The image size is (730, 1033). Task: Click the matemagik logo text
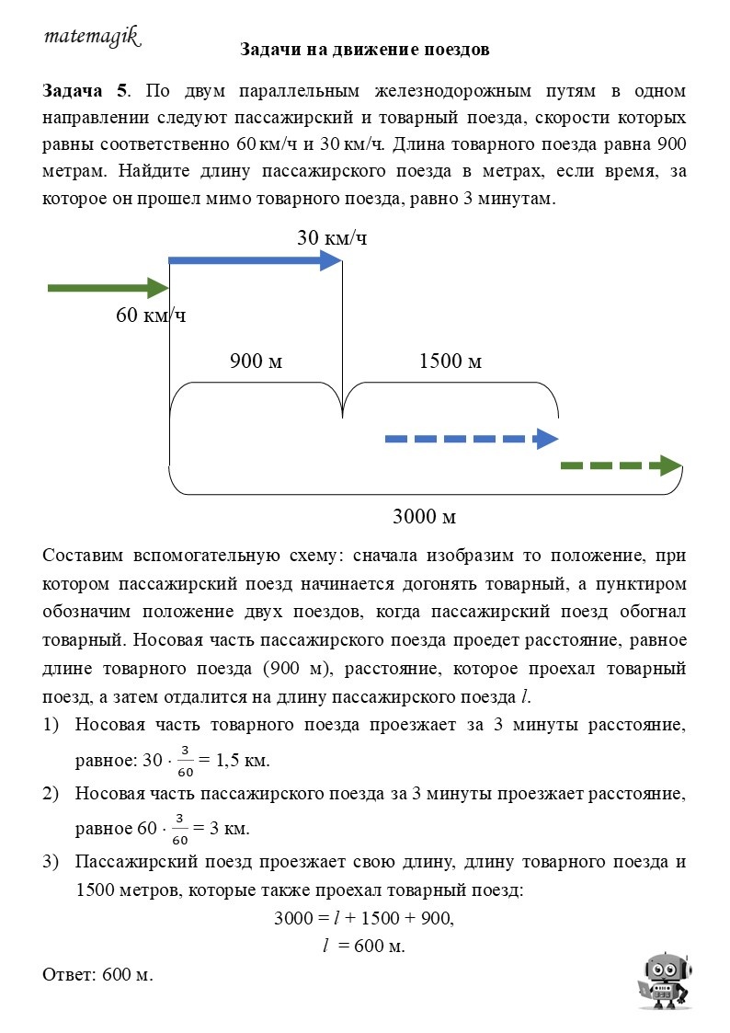pyautogui.click(x=91, y=36)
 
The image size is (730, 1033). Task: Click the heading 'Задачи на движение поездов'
pyautogui.click(x=364, y=49)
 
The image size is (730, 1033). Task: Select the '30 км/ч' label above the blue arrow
pyautogui.click(x=332, y=237)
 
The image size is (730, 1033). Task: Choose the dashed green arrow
pyautogui.click(x=622, y=465)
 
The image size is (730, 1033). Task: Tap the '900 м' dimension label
pyautogui.click(x=256, y=362)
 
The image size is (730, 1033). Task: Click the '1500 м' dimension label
pyautogui.click(x=451, y=362)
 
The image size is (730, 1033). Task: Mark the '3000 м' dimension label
pyautogui.click(x=425, y=516)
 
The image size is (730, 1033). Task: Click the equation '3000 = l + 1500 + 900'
pyautogui.click(x=364, y=918)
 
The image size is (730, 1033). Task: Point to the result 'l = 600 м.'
pyautogui.click(x=364, y=946)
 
